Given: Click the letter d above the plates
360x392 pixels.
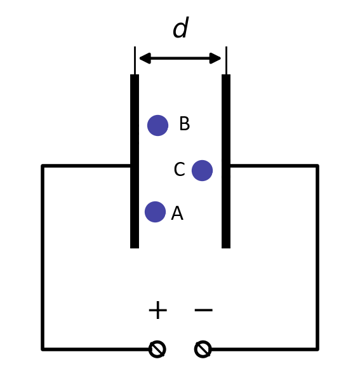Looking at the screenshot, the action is (x=180, y=27).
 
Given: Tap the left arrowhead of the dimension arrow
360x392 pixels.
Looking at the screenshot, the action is (x=145, y=58).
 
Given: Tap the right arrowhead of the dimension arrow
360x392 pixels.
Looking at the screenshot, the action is (x=215, y=58).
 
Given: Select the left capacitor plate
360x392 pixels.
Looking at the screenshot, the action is (x=135, y=161).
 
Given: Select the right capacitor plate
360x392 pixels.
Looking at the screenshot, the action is (x=226, y=161).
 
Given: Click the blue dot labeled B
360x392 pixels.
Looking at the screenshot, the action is (x=157, y=126).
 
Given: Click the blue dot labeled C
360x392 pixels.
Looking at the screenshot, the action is (x=202, y=170).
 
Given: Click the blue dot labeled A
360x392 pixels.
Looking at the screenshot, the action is (x=155, y=212).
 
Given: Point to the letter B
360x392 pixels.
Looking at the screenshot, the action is (x=185, y=123).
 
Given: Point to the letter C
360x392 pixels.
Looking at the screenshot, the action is (x=180, y=169).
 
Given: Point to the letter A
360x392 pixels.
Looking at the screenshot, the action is (x=177, y=213).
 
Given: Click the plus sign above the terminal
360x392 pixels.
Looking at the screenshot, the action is (x=157, y=310).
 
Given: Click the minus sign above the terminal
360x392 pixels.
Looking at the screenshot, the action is (x=204, y=310).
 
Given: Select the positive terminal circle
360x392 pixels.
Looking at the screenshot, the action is (x=157, y=349).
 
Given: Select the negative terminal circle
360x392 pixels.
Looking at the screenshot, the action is (x=203, y=349).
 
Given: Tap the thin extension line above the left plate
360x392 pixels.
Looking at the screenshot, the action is (x=135, y=60).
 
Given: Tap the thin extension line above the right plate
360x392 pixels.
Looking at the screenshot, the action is (x=226, y=60).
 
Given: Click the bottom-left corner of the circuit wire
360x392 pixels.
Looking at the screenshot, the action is (x=43, y=349).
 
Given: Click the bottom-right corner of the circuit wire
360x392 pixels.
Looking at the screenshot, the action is (x=317, y=349).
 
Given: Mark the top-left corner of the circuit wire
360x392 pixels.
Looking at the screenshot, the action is (x=43, y=166).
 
